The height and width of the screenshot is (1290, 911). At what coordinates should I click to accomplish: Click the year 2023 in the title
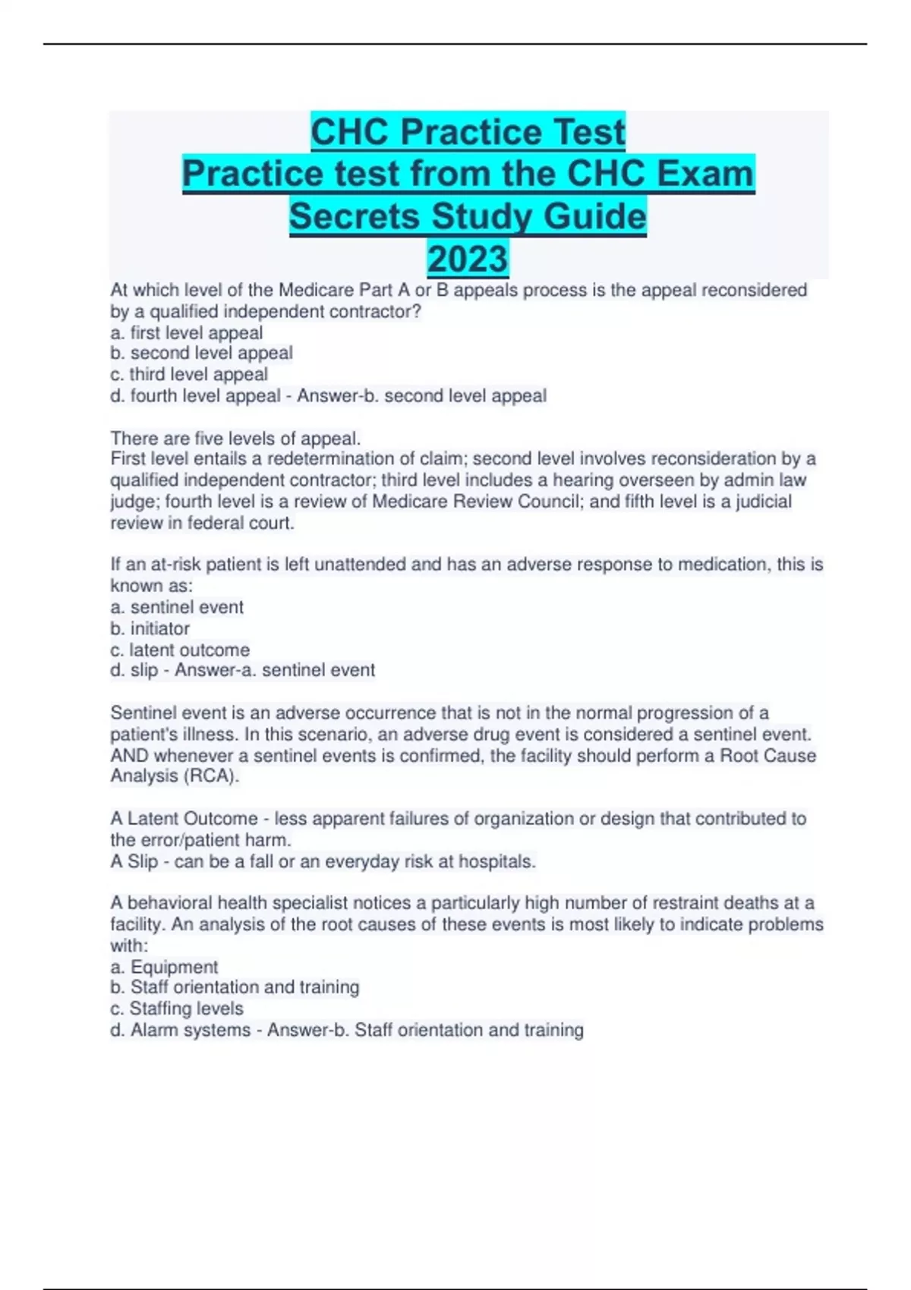[x=467, y=259]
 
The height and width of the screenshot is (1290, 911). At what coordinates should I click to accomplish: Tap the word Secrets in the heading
[x=356, y=216]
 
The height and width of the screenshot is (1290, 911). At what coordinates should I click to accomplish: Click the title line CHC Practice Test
[x=468, y=132]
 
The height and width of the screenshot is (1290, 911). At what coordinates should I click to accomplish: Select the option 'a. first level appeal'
[x=187, y=332]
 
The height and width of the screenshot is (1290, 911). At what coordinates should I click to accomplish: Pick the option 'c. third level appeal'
[x=189, y=374]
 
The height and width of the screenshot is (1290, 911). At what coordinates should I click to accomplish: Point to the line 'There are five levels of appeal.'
[x=235, y=438]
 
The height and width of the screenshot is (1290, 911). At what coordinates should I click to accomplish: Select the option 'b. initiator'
[x=150, y=628]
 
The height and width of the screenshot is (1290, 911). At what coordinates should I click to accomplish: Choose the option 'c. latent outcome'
[x=180, y=650]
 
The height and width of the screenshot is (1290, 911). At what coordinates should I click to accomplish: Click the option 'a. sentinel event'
[x=177, y=607]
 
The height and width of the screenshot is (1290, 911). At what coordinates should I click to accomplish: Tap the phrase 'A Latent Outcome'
[x=184, y=818]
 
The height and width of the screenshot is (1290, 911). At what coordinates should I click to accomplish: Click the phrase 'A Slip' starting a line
[x=134, y=861]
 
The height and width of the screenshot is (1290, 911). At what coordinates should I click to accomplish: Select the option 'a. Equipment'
[x=164, y=967]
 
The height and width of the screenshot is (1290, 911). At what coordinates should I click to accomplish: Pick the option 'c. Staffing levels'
[x=177, y=1008]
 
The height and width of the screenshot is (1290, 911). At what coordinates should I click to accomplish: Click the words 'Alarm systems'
[x=191, y=1030]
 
